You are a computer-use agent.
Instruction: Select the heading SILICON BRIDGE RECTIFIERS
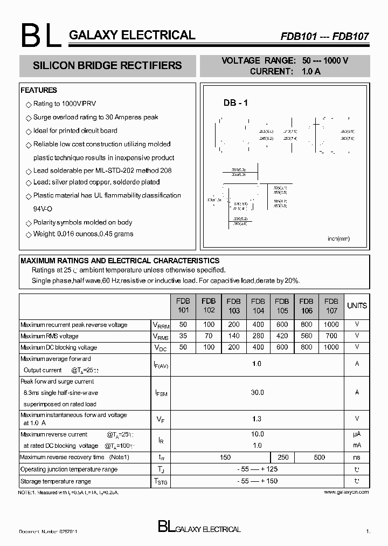pos(107,66)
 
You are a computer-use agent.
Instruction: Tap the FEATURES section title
pos(39,90)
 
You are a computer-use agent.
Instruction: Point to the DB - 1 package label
pos(235,104)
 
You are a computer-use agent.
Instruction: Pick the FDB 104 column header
pos(258,306)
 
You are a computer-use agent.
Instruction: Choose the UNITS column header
pos(357,305)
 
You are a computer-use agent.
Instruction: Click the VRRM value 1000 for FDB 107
pos(331,325)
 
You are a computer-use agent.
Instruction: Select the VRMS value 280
pos(258,336)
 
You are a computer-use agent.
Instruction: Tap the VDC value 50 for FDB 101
pos(183,347)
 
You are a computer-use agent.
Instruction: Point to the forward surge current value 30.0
pos(257,393)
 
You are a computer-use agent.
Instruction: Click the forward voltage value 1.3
pos(257,419)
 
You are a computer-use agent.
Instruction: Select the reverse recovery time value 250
pos(283,457)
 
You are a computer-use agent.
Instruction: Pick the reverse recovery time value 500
pos(319,457)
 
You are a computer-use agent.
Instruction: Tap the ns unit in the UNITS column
pos(357,457)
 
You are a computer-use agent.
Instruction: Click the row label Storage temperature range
pos(56,481)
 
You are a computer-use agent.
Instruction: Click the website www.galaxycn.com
pos(347,492)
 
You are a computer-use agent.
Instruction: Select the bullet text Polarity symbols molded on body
pos(82,222)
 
